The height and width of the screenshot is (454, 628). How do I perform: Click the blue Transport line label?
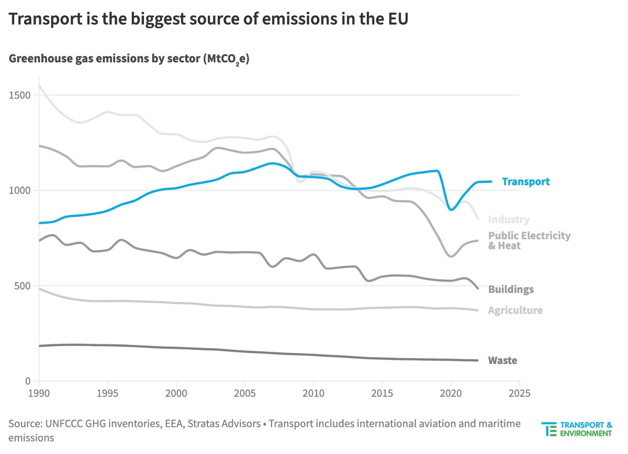pyautogui.click(x=525, y=182)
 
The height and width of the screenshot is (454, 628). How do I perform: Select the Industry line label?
pyautogui.click(x=508, y=220)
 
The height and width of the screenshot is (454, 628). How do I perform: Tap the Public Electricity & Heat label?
pyautogui.click(x=529, y=240)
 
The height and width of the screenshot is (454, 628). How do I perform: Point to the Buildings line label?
pyautogui.click(x=511, y=290)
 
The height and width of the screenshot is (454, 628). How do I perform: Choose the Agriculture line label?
pyautogui.click(x=515, y=311)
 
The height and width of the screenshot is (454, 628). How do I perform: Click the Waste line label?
pyautogui.click(x=502, y=360)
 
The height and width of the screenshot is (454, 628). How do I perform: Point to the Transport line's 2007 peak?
pyautogui.click(x=272, y=163)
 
